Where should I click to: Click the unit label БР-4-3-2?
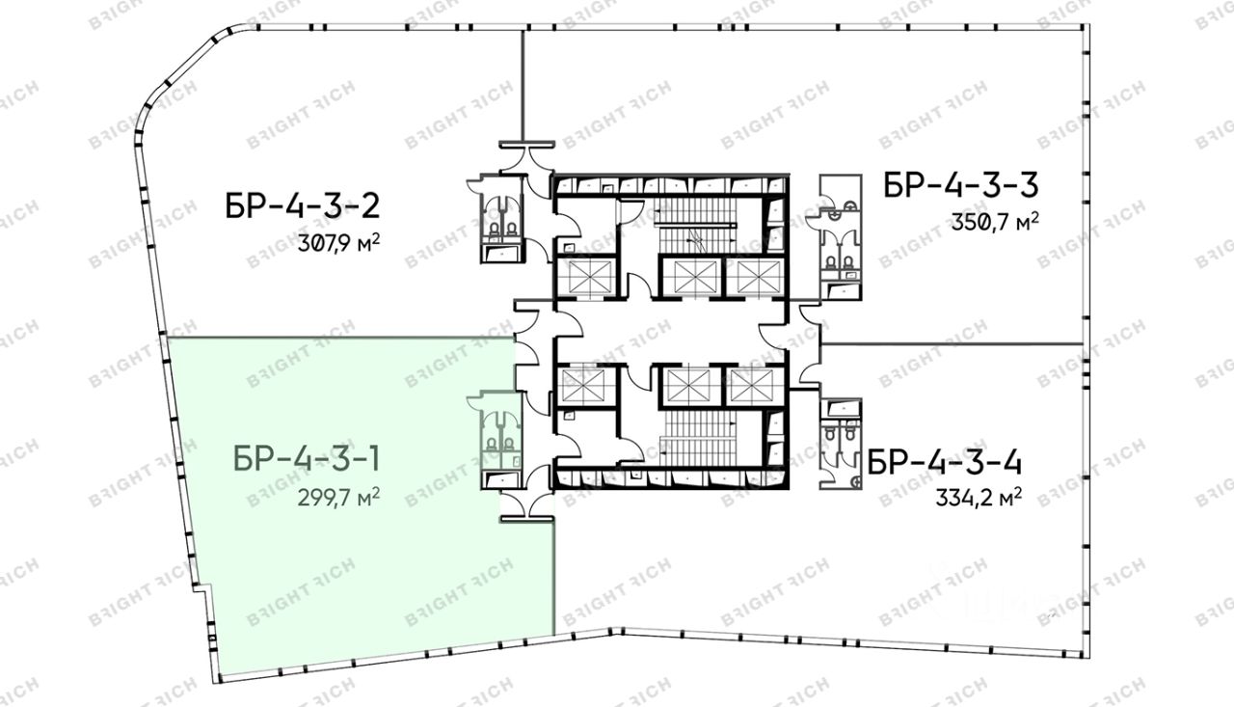tap(303, 206)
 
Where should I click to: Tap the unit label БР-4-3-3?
tap(961, 184)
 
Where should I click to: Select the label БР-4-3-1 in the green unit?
tap(307, 458)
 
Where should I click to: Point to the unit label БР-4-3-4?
tap(945, 462)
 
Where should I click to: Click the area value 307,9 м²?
tap(338, 242)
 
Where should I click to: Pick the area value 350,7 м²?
tap(996, 222)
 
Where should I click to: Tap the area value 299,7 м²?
tap(338, 497)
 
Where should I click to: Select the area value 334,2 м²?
tap(979, 498)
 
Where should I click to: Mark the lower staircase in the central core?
tap(700, 437)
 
